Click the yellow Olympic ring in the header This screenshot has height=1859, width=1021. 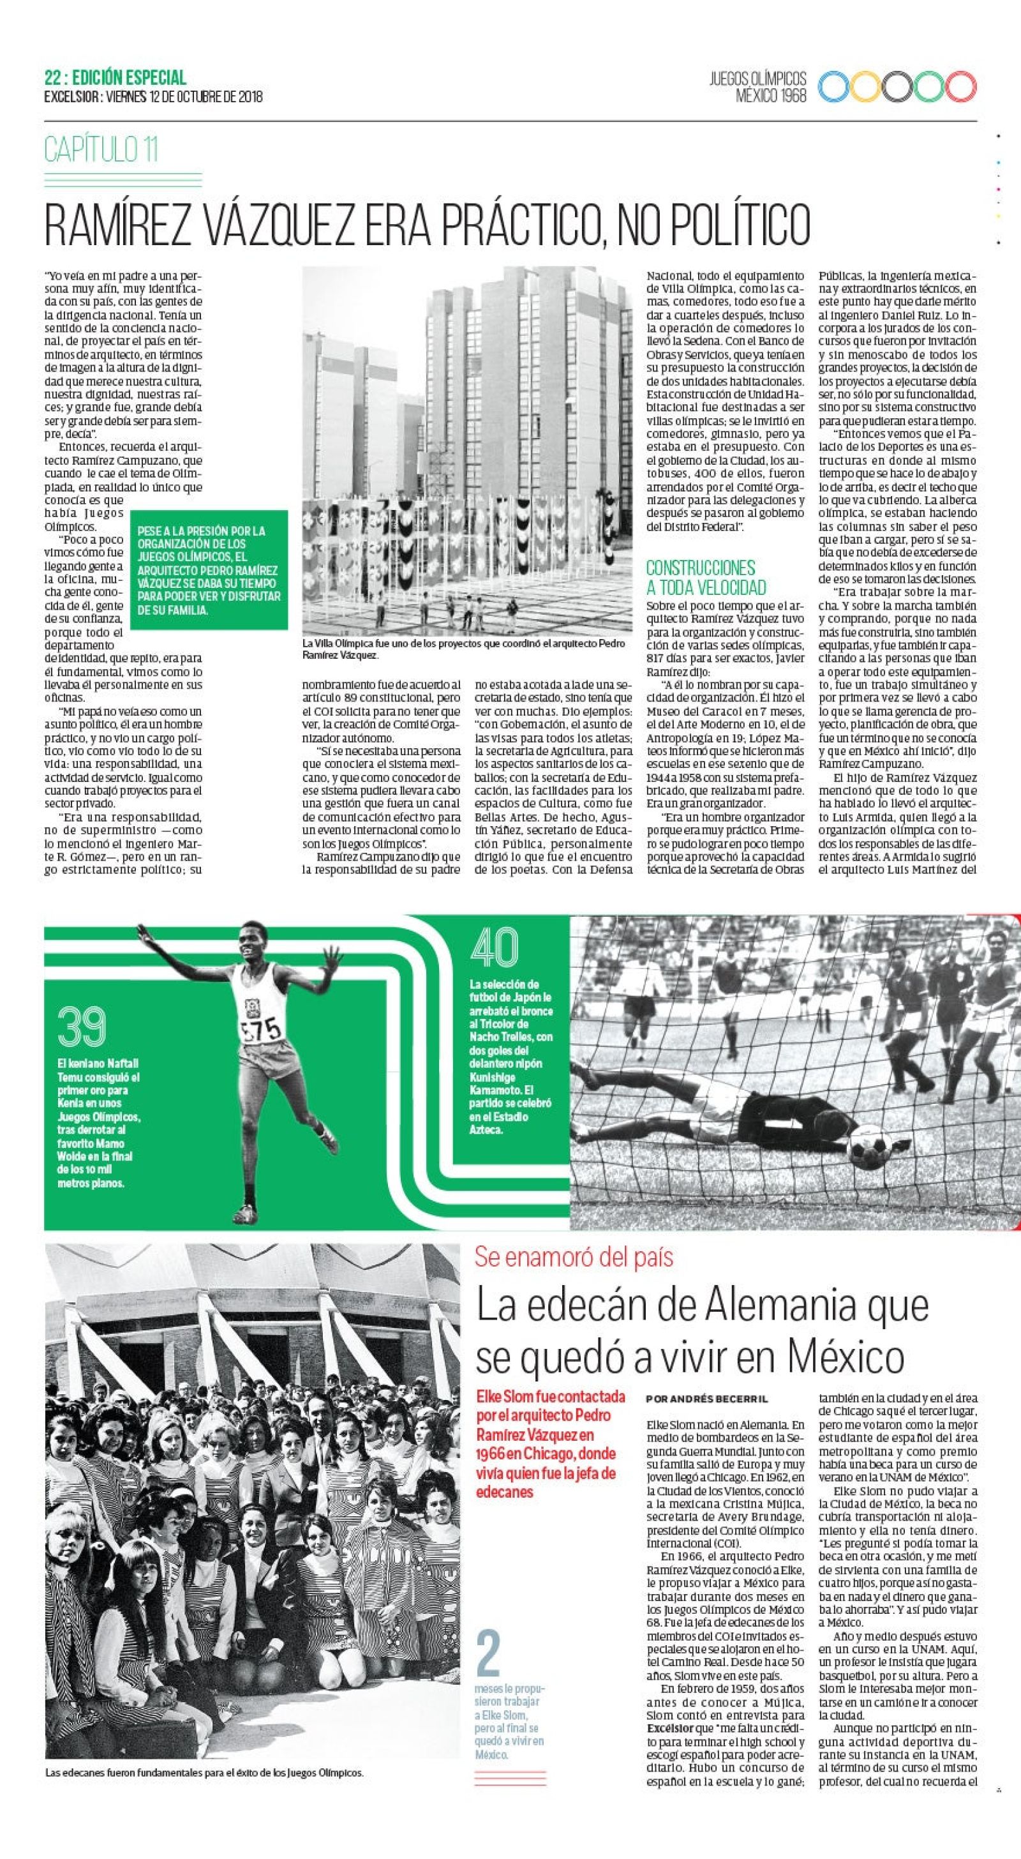[x=867, y=87]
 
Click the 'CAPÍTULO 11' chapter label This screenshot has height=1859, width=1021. [x=101, y=149]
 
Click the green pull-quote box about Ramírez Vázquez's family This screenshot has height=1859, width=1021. [x=209, y=569]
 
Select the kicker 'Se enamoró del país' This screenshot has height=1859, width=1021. [x=573, y=1256]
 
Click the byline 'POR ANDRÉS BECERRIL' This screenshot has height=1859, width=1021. [x=706, y=1399]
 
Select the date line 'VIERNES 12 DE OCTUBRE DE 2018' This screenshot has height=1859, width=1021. [x=184, y=96]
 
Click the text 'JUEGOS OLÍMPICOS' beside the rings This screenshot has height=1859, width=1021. [x=757, y=79]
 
